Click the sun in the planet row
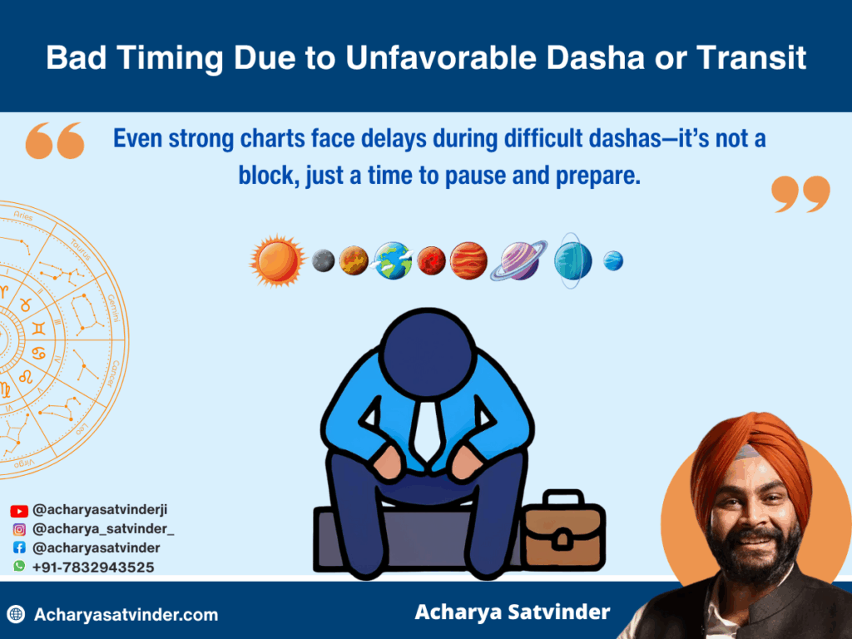(x=277, y=260)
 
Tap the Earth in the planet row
(x=393, y=260)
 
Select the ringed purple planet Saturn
(x=519, y=260)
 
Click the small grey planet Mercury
(x=324, y=260)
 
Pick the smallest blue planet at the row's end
(x=613, y=260)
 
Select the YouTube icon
(x=19, y=511)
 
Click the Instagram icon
(x=19, y=529)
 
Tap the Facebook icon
(x=19, y=547)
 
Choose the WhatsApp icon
(x=19, y=566)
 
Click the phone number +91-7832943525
(x=93, y=567)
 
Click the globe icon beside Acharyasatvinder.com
(x=17, y=615)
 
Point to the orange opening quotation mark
(x=55, y=141)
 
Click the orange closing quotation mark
(x=800, y=194)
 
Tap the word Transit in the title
(x=751, y=57)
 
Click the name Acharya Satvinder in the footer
(x=513, y=612)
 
